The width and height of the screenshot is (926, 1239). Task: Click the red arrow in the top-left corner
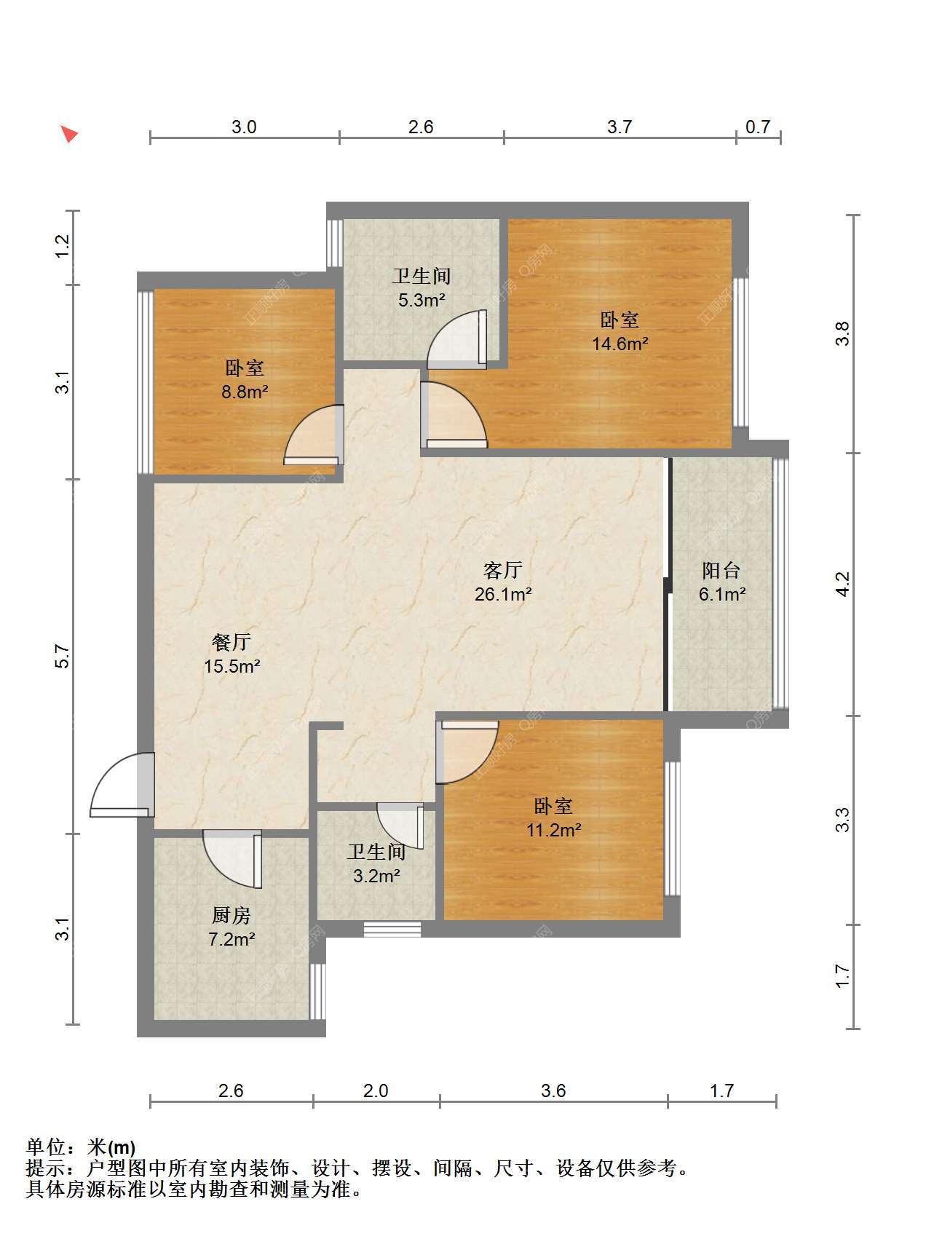(68, 134)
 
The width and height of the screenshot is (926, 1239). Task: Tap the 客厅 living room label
(503, 569)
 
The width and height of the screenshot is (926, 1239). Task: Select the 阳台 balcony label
(721, 569)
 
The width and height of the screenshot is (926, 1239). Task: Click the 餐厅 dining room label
(232, 641)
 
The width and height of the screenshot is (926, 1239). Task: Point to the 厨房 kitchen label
(231, 915)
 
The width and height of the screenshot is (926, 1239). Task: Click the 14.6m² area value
(620, 344)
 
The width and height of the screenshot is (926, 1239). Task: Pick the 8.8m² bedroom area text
(245, 392)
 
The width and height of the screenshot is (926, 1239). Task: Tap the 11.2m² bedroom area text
(554, 830)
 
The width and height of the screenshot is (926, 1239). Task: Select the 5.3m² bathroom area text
(422, 300)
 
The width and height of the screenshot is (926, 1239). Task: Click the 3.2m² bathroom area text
(376, 876)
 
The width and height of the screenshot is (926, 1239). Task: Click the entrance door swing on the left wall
(123, 785)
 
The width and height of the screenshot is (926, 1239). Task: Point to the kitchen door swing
(232, 859)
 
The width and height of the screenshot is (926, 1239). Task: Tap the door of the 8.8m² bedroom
(314, 435)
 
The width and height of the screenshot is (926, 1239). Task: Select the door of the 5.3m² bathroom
(456, 339)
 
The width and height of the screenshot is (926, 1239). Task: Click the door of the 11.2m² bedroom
(467, 752)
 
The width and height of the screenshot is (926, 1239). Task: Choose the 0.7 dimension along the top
(758, 127)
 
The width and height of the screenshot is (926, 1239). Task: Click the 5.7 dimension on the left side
(63, 657)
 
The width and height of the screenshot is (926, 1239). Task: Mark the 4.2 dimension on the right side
(842, 584)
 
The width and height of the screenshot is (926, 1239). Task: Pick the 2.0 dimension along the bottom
(376, 1090)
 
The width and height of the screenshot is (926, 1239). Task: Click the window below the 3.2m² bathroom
(392, 929)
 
